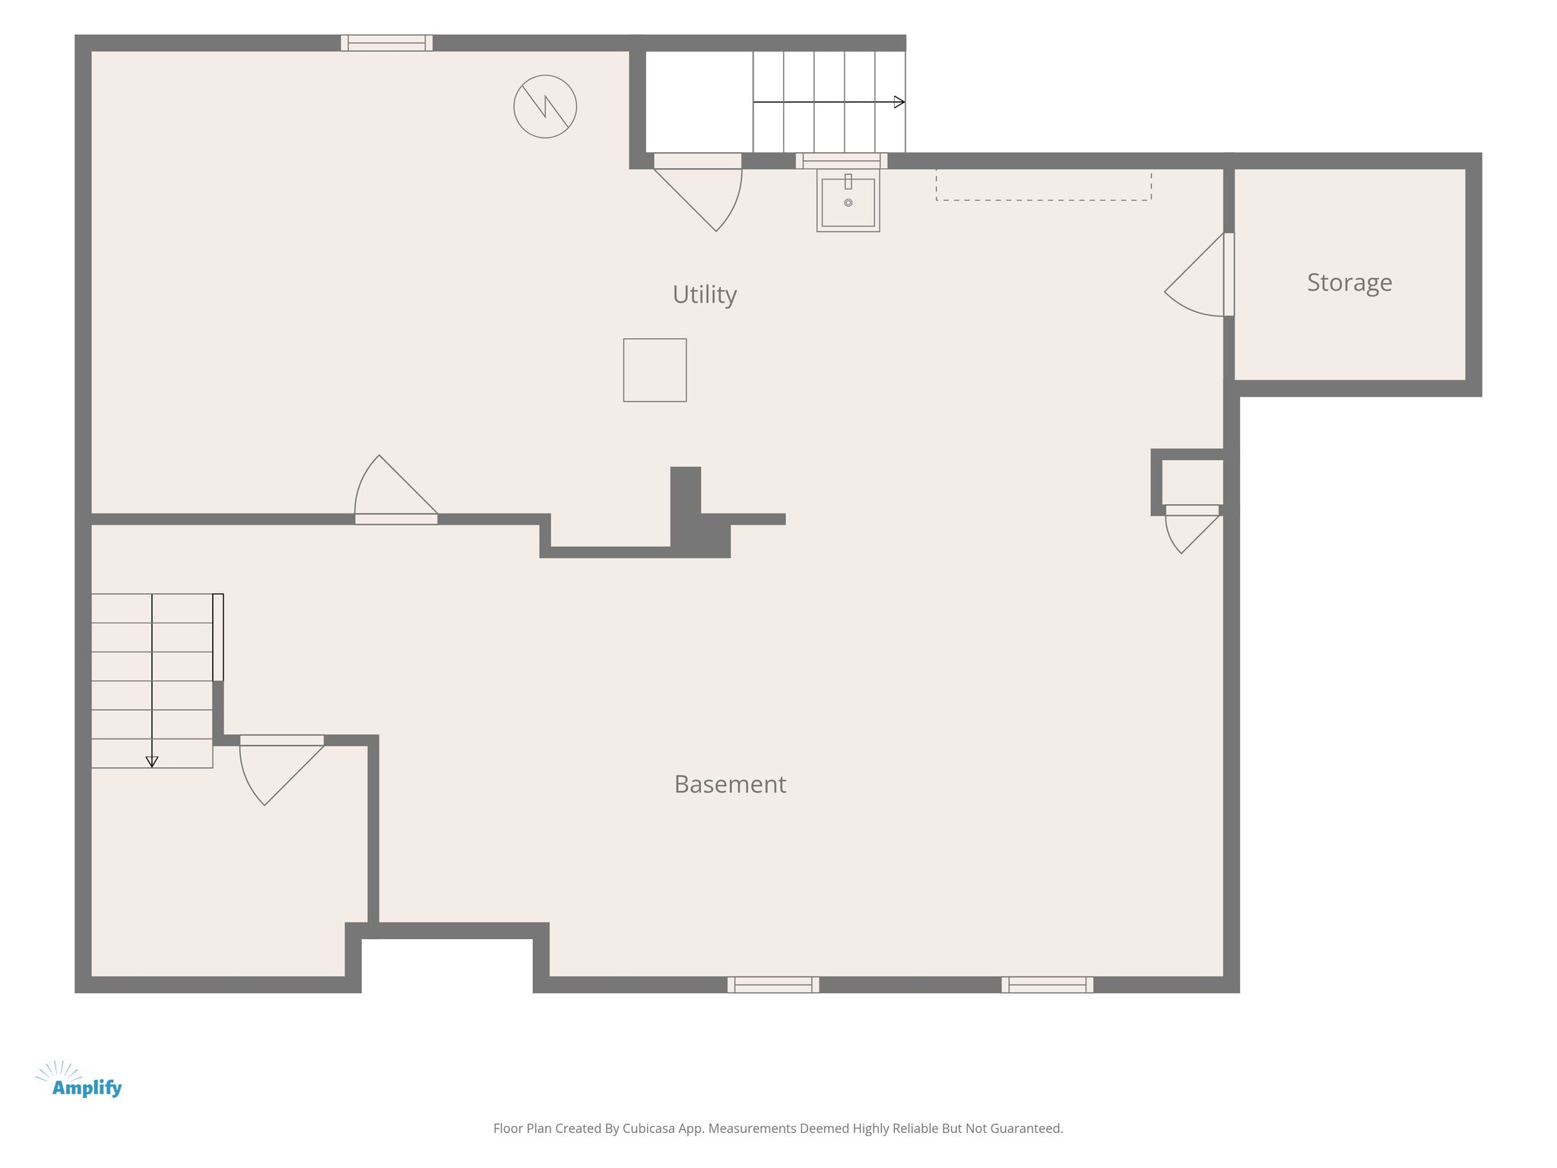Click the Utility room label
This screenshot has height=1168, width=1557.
click(x=705, y=295)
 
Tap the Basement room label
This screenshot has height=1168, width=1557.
click(x=730, y=784)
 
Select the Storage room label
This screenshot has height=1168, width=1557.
click(x=1349, y=283)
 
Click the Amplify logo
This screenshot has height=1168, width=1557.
click(x=79, y=1081)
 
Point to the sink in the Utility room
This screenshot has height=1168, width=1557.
click(x=848, y=200)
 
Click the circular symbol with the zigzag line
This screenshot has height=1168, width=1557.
click(x=545, y=106)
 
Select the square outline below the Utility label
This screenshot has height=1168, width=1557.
click(x=655, y=370)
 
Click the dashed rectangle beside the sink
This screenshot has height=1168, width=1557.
click(x=1043, y=185)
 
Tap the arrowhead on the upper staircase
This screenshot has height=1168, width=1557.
click(x=899, y=102)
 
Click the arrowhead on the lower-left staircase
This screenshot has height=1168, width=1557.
click(x=152, y=762)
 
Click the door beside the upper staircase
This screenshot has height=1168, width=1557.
click(x=698, y=192)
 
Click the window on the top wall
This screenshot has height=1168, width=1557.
click(x=387, y=43)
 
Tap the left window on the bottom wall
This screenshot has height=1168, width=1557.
click(x=773, y=985)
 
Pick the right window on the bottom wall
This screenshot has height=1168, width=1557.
click(x=1048, y=985)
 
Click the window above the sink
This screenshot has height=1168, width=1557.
click(x=842, y=161)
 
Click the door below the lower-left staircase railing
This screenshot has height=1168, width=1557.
click(x=282, y=770)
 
